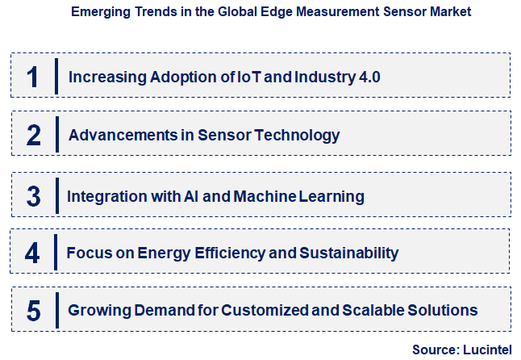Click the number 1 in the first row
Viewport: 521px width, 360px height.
[31, 77]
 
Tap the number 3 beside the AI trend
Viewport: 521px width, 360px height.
[33, 196]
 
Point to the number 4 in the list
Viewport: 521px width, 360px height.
[32, 253]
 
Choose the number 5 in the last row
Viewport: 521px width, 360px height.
[33, 311]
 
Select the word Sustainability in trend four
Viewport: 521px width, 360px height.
[349, 253]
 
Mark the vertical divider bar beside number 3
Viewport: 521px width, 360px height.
[56, 195]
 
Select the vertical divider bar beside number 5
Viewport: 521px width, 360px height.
[56, 310]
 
